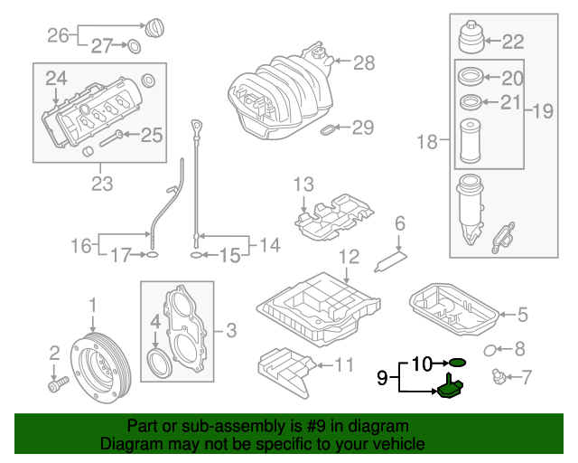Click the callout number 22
512,41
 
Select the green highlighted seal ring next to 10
458,363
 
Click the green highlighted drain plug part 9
451,389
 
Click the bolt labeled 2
55,385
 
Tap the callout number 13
302,185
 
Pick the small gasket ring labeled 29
328,130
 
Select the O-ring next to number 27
133,47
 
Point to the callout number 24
58,79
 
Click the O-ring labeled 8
490,349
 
